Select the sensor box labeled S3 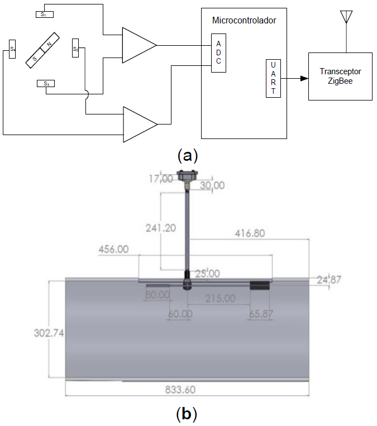point(46,84)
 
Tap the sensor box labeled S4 point(12,49)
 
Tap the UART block point(273,78)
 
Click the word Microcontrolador point(244,21)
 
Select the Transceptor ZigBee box point(340,76)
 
